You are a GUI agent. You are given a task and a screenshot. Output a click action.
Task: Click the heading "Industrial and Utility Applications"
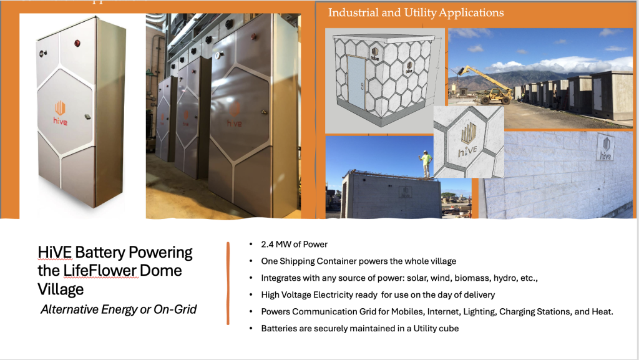tap(416, 12)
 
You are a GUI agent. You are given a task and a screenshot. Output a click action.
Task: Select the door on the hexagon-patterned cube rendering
tap(356, 83)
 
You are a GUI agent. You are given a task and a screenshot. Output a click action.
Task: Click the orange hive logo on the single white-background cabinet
tap(60, 113)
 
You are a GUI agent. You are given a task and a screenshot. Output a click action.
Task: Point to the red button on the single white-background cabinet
tap(77, 43)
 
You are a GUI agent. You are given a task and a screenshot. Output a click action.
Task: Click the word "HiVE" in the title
tap(55, 252)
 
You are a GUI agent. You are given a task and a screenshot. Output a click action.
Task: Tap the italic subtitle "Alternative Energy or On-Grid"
tap(119, 309)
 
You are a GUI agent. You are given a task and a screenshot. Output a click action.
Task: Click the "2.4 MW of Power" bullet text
tap(295, 245)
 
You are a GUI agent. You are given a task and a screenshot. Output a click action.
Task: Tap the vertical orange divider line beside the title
tap(228, 283)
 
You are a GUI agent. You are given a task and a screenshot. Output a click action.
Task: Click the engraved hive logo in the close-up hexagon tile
tap(468, 140)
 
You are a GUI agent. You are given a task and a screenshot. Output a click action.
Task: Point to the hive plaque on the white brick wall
tap(605, 147)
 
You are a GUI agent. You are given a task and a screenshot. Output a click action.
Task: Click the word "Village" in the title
tap(61, 289)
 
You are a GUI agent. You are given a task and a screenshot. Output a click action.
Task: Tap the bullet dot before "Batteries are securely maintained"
tap(251, 328)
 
